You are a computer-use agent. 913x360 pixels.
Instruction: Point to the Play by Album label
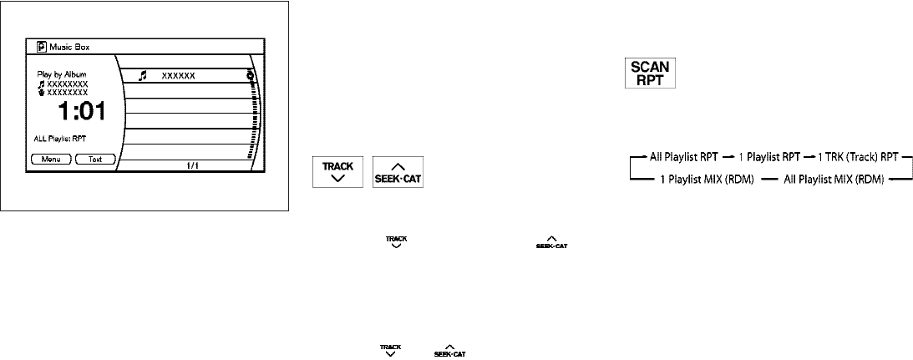[62, 74]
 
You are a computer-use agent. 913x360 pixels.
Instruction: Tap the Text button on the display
[95, 158]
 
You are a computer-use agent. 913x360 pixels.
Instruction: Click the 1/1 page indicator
[192, 165]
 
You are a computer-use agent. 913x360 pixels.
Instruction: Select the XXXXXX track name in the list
[178, 76]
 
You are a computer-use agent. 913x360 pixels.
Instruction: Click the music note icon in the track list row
[142, 75]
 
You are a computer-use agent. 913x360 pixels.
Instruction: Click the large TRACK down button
[337, 173]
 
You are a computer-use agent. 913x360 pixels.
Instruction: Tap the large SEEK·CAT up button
[398, 173]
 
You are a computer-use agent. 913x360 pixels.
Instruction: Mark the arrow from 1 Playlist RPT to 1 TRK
[806, 157]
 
